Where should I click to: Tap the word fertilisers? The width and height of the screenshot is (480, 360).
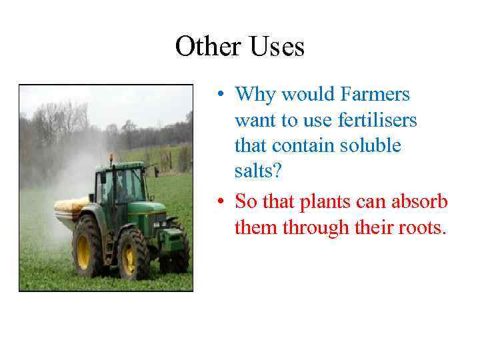[x=377, y=121]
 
